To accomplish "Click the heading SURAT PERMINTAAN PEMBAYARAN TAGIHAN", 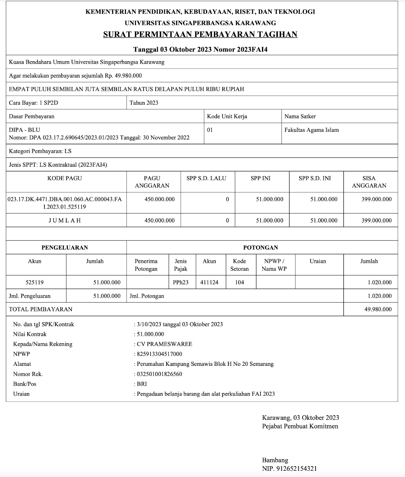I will pos(200,35).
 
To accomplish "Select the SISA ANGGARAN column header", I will pos(369,182).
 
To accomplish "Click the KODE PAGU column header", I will pos(64,178).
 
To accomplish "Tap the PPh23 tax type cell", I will pos(181,282).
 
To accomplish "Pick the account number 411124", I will pos(209,282).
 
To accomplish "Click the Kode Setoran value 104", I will pos(240,282).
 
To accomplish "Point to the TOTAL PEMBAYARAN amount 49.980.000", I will pos(378,309).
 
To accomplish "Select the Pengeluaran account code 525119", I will pos(35,282).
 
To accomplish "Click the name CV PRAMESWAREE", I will pos(165,344).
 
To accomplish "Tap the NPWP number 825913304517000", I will pos(159,354).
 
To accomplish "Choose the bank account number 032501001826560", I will pos(159,374).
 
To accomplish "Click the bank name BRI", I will pos(142,384).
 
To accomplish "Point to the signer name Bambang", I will pos(275,460).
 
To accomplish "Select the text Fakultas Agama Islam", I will pos(311,130).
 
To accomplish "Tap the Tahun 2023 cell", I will pos(144,103).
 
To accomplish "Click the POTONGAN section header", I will pos(260,247).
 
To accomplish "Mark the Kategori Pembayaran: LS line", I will pos(40,151).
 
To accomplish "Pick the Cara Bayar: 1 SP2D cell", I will pos(33,103).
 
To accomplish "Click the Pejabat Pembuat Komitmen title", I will pos(300,426).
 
